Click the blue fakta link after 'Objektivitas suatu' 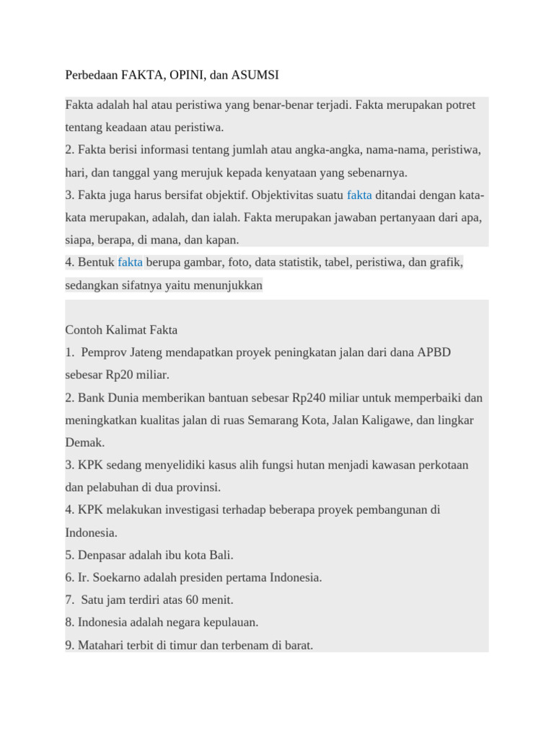359,195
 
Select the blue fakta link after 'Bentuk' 130,262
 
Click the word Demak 84,443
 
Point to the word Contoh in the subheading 85,330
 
